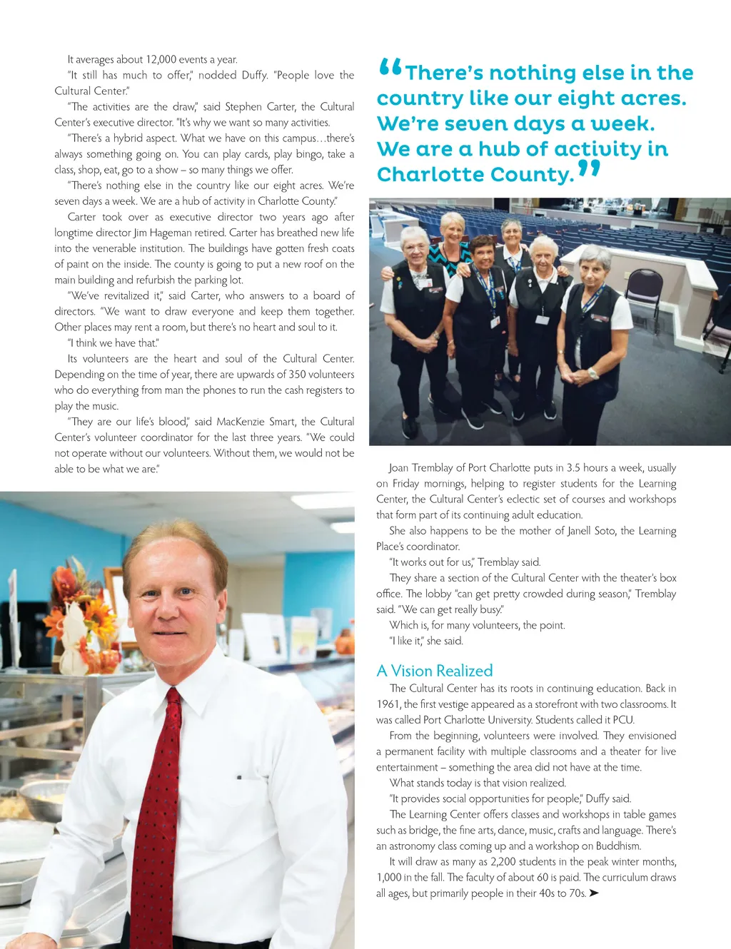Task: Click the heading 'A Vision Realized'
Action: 434,671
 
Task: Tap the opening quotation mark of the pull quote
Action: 390,68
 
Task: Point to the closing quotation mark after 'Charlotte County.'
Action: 589,169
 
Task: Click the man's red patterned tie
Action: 156,799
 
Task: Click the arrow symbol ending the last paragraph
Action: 594,893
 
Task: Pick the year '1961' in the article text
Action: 388,704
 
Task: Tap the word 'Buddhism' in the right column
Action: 618,846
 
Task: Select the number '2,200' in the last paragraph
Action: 506,862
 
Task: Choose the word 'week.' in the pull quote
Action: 622,124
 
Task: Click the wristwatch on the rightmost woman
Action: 592,373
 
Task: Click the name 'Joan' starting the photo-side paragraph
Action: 398,468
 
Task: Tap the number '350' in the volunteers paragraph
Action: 297,375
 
